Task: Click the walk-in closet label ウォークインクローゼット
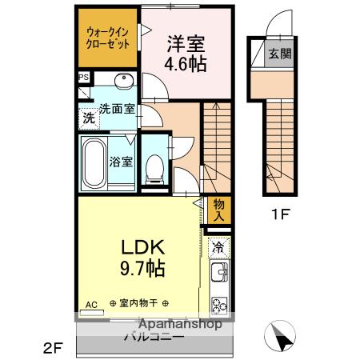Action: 107,38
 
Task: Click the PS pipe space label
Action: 84,77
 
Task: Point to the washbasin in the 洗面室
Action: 122,82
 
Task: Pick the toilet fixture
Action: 154,164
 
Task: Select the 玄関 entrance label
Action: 279,54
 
